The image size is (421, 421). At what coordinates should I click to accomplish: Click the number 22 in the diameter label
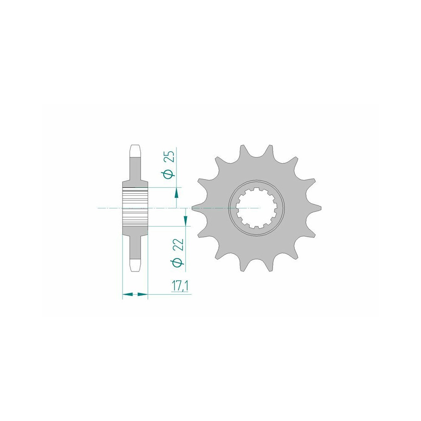(180, 244)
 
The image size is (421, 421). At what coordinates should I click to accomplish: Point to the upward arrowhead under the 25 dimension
(176, 193)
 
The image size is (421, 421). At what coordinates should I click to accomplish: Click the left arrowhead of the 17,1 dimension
(128, 295)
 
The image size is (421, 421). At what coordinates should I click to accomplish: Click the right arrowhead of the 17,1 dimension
(143, 295)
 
